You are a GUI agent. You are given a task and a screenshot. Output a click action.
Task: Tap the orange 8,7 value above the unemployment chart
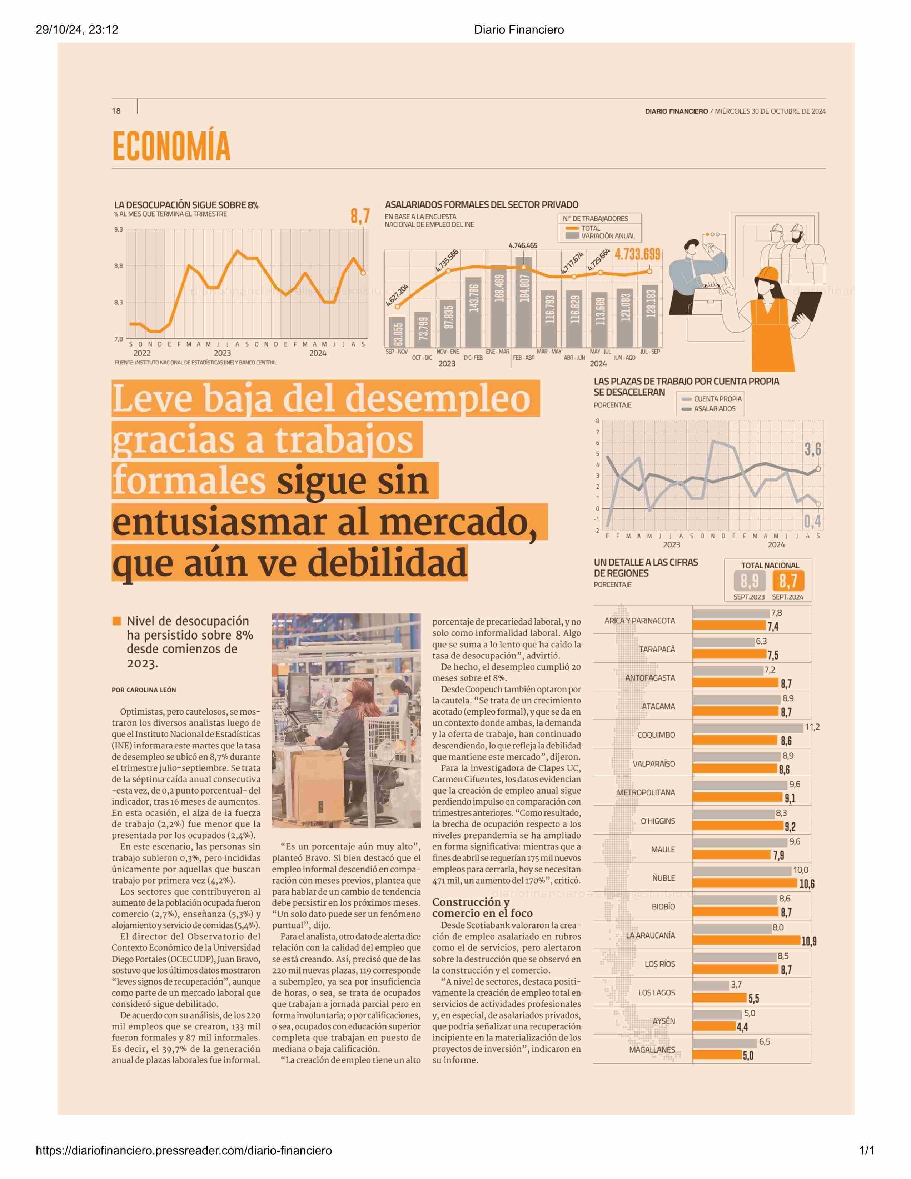(360, 217)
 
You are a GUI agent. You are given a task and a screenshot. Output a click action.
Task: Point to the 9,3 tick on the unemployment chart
(118, 229)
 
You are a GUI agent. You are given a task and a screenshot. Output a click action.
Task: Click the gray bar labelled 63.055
(398, 333)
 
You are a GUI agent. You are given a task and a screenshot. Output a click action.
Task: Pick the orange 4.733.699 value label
(637, 254)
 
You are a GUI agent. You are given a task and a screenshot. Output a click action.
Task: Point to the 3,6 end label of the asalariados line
(812, 449)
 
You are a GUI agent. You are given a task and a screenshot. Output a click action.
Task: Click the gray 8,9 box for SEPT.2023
(749, 581)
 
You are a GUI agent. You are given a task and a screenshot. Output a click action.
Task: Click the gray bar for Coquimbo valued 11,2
(747, 728)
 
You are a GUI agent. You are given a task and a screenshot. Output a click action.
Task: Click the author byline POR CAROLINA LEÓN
(144, 690)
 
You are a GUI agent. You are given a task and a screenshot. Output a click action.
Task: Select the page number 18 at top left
(116, 111)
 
